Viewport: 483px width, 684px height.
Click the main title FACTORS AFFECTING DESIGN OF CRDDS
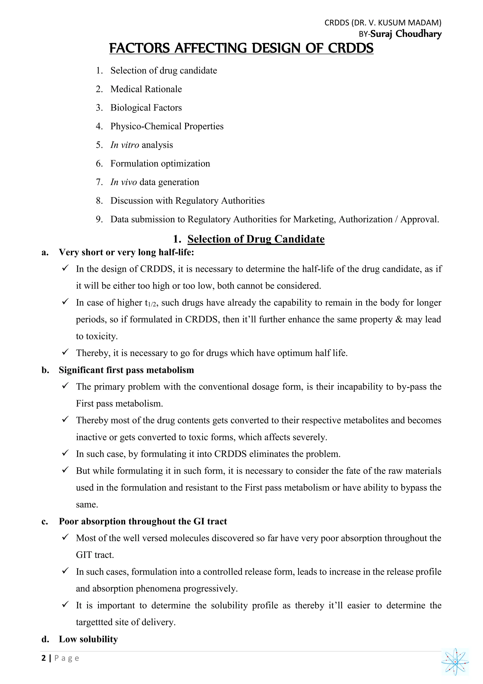[241, 48]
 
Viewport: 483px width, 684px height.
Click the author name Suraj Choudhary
[406, 34]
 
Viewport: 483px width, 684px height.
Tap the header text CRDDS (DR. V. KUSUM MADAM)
[383, 23]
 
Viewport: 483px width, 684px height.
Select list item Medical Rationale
[146, 89]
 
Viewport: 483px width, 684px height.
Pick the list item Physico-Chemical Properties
[167, 126]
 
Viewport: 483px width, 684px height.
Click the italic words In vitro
[125, 145]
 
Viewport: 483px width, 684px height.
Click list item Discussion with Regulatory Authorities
[187, 201]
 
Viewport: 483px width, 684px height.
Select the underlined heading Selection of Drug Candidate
[256, 239]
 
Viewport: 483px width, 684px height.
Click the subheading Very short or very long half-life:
[126, 252]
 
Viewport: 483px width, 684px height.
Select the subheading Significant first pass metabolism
[126, 370]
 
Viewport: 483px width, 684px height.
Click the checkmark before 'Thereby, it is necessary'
[65, 352]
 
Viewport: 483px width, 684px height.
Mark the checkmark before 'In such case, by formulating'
[65, 453]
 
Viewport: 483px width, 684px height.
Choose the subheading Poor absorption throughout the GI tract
[143, 521]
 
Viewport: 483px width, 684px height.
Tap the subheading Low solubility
[88, 639]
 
